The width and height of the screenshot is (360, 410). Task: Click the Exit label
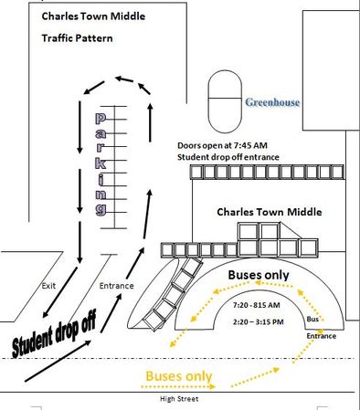pyautogui.click(x=51, y=287)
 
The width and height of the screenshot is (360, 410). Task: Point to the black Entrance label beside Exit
pyautogui.click(x=116, y=287)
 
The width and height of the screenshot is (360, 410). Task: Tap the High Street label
pyautogui.click(x=178, y=399)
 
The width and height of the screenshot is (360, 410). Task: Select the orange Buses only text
pyautogui.click(x=179, y=375)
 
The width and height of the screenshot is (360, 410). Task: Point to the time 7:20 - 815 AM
pyautogui.click(x=257, y=303)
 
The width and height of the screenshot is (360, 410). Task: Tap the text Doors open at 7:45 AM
pyautogui.click(x=224, y=145)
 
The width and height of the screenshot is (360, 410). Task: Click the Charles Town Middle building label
pyautogui.click(x=269, y=212)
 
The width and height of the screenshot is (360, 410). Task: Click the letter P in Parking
pyautogui.click(x=102, y=120)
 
